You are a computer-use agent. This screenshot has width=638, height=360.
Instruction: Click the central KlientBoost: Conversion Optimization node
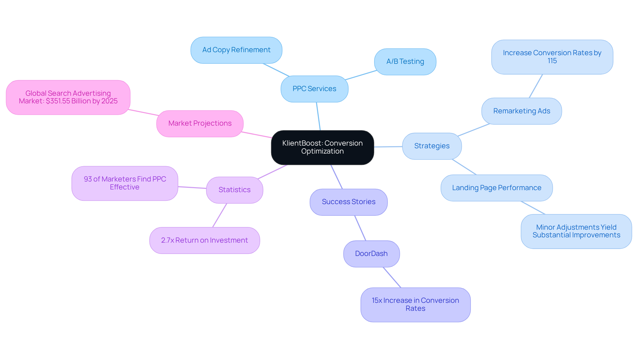(x=322, y=147)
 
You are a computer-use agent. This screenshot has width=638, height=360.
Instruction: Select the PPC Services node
(x=314, y=89)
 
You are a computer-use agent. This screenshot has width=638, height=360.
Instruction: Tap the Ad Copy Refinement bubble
(x=236, y=50)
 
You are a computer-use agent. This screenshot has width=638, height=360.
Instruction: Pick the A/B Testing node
(x=405, y=61)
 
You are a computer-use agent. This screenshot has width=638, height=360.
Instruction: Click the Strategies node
(x=432, y=146)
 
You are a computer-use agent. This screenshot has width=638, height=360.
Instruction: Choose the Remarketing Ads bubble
(x=521, y=111)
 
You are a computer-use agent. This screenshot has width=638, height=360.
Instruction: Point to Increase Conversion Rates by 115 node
(x=552, y=57)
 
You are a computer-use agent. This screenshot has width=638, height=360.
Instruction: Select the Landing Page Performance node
(x=496, y=188)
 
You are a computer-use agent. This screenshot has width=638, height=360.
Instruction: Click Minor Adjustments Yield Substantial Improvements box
(x=576, y=231)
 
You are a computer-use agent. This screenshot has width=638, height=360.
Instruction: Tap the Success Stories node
(x=349, y=202)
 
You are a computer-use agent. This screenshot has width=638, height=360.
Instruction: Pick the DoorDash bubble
(x=371, y=254)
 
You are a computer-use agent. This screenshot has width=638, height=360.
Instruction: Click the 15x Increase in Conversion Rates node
(x=415, y=304)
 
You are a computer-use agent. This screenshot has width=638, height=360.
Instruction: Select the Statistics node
(x=234, y=190)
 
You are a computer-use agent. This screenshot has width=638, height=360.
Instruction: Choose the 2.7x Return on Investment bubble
(x=204, y=240)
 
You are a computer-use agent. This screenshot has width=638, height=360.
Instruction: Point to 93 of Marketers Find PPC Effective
(x=125, y=183)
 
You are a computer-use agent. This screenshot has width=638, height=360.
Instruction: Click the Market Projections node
(x=200, y=123)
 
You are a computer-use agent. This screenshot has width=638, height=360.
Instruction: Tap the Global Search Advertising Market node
(x=68, y=97)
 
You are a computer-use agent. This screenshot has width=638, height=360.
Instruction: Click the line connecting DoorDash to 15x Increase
(x=392, y=278)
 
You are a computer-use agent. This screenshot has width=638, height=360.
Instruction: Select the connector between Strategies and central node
(x=388, y=147)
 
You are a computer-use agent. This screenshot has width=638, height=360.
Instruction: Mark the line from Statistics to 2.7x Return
(x=220, y=215)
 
